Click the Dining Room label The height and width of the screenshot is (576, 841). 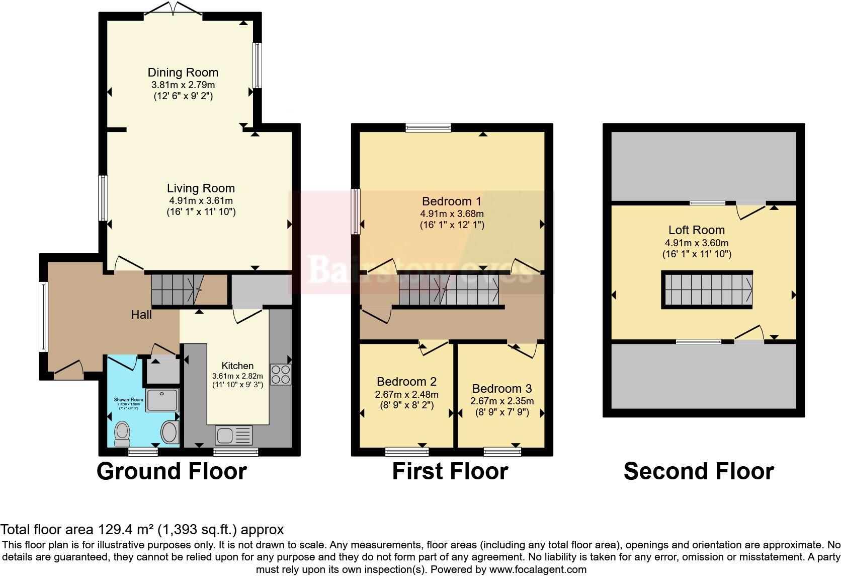coord(183,73)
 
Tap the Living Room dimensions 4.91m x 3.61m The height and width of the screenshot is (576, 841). coord(201,200)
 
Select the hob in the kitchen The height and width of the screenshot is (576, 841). coord(280,374)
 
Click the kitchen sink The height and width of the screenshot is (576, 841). coord(234,434)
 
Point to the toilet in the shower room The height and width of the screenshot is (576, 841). coord(122,434)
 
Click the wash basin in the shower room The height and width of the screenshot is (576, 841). coord(170,433)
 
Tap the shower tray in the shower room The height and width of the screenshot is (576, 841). coord(162,400)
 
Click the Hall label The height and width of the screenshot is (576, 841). coord(141,315)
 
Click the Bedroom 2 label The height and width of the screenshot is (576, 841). coord(406,382)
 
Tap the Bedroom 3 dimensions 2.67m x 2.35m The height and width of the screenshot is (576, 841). coord(501,401)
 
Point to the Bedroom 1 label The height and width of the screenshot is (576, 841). coord(452,201)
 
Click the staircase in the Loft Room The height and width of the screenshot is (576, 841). coord(707,290)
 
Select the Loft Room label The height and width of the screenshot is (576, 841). coord(696,230)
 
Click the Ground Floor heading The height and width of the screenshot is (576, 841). coord(172,472)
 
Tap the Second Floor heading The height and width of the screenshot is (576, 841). coord(698,472)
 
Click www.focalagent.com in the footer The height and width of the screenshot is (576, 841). coord(538,570)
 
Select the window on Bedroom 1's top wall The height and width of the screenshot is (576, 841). coord(429,128)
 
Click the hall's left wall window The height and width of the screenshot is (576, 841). coord(44,316)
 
